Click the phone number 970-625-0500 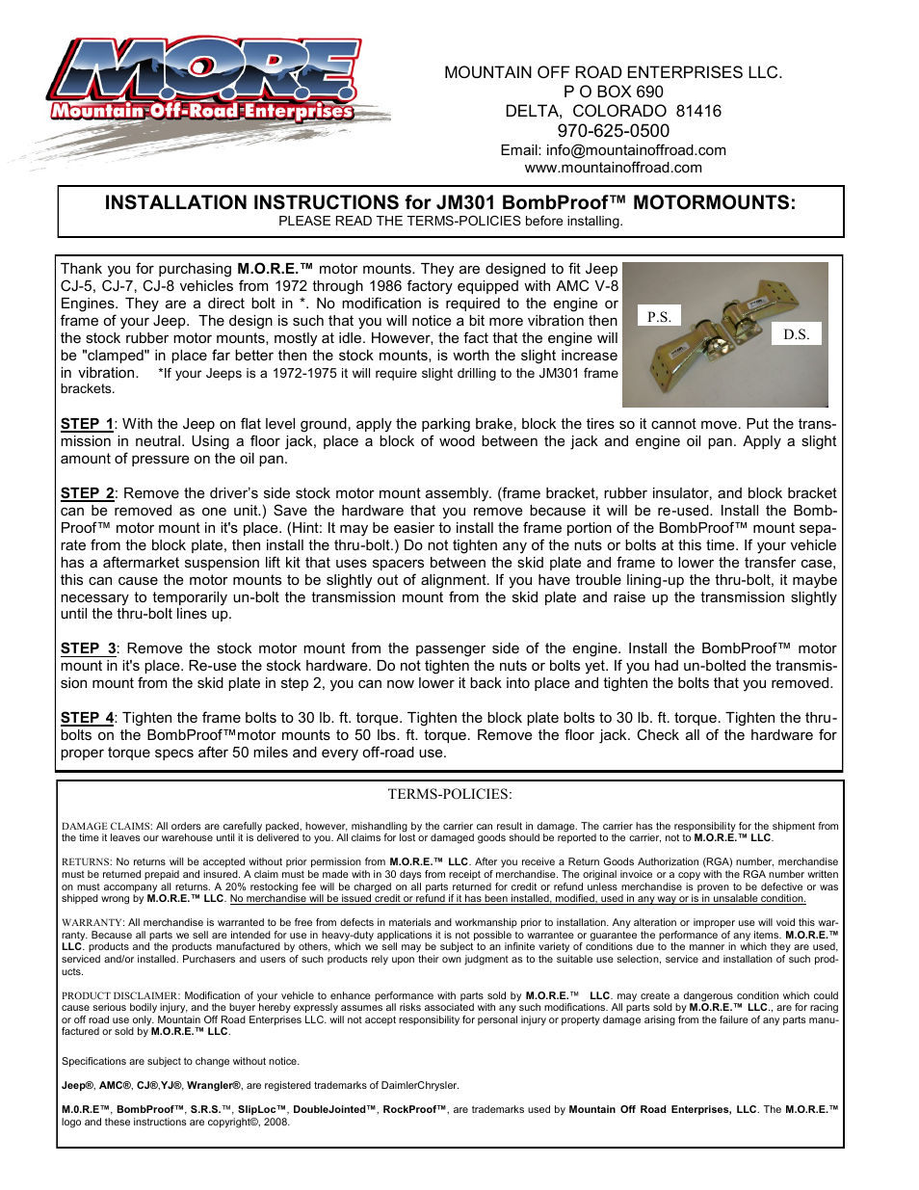(x=613, y=131)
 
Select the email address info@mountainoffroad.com (x=636, y=150)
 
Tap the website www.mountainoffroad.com (x=613, y=168)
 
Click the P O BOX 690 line (x=613, y=92)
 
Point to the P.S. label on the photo (x=659, y=316)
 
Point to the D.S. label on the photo (x=796, y=334)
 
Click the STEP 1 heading (x=87, y=424)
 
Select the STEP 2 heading (x=87, y=493)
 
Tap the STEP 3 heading (x=88, y=648)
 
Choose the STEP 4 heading (x=87, y=718)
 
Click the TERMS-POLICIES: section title (x=450, y=794)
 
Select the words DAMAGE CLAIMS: (x=106, y=827)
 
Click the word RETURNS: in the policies (x=86, y=862)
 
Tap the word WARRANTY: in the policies (x=92, y=923)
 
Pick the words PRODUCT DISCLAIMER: (x=120, y=996)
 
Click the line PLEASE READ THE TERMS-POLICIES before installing (x=450, y=222)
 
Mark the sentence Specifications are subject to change (x=180, y=1062)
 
